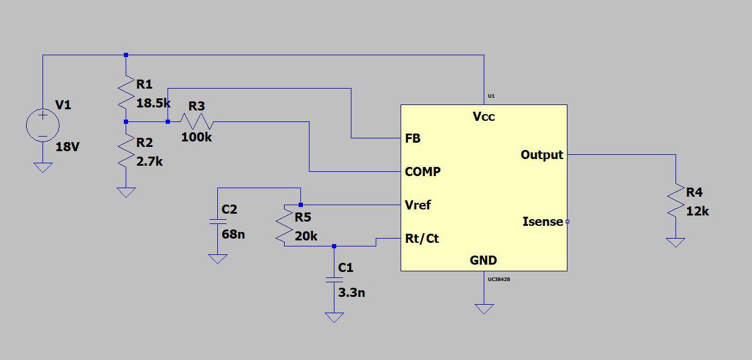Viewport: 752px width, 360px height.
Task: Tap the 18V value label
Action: pos(67,147)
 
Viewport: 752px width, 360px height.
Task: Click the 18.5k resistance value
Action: pos(154,103)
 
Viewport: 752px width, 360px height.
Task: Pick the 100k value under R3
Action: pos(197,137)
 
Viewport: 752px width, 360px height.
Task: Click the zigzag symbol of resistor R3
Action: pos(197,121)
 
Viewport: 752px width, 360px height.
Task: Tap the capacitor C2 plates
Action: pos(217,222)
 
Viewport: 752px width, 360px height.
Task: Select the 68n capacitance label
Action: pos(233,234)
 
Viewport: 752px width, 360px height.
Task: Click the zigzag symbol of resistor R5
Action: pos(284,225)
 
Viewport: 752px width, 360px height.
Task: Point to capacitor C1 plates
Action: pos(334,280)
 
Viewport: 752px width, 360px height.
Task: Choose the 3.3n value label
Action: pos(351,293)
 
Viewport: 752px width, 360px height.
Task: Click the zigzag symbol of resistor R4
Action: pos(676,200)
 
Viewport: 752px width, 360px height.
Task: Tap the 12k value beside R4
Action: pos(697,211)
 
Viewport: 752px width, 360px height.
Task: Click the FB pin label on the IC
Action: pos(413,138)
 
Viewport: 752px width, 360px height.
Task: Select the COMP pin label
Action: pos(422,172)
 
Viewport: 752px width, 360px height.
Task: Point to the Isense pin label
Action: pos(543,222)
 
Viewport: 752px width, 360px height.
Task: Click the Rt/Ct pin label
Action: pos(422,239)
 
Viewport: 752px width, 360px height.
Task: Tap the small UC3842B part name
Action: pos(499,279)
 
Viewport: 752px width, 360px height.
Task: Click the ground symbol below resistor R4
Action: pos(676,242)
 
